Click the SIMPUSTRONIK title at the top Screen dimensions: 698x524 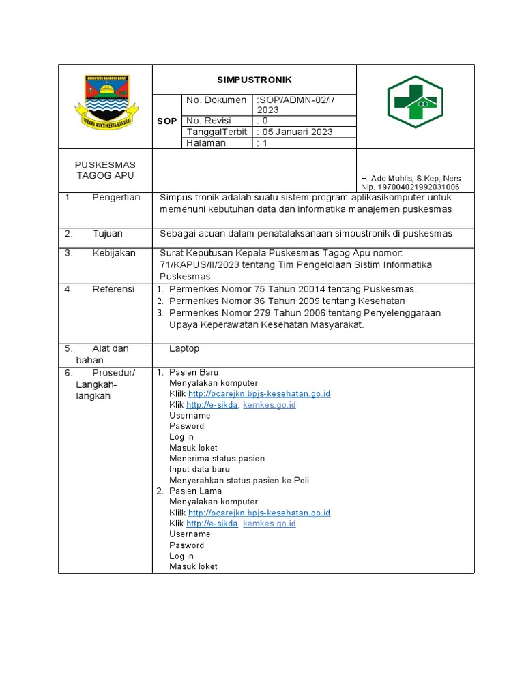click(x=253, y=80)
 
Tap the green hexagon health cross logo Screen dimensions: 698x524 click(x=415, y=102)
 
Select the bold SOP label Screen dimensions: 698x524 click(x=167, y=121)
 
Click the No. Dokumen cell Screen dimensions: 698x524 click(x=216, y=100)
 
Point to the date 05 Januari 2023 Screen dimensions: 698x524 click(x=295, y=132)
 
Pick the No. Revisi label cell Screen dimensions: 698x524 click(x=209, y=121)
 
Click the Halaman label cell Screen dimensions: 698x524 click(x=205, y=142)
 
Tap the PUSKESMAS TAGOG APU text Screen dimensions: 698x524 click(x=105, y=170)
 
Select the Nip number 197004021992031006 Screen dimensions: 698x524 click(x=410, y=187)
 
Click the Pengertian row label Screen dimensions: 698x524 click(x=116, y=198)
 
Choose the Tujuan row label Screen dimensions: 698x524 click(x=108, y=233)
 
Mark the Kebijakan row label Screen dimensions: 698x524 click(x=113, y=253)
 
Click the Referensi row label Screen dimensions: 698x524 click(x=113, y=289)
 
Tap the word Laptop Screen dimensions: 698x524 click(x=184, y=348)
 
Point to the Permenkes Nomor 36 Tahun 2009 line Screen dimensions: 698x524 click(x=287, y=301)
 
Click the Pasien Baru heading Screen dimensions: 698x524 click(x=194, y=372)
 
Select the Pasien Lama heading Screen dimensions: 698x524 click(x=194, y=491)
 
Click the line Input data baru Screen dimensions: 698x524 click(x=199, y=469)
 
